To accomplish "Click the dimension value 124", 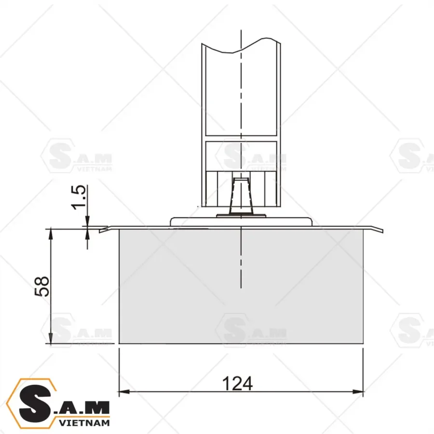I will [x=237, y=384].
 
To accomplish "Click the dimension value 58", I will [x=42, y=286].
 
